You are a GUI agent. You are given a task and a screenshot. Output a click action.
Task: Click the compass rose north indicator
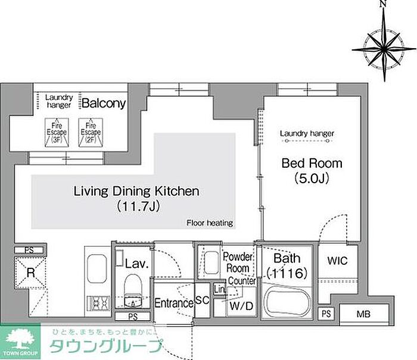pyautogui.click(x=382, y=4)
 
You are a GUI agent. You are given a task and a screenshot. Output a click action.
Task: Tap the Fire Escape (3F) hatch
pyautogui.click(x=57, y=133)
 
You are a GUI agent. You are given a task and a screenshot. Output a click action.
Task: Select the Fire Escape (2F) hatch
pyautogui.click(x=91, y=133)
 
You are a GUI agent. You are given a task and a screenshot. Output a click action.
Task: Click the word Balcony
pyautogui.click(x=104, y=104)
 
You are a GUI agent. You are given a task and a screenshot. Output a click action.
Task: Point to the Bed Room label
pyautogui.click(x=312, y=163)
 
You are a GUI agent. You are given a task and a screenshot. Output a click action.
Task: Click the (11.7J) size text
pyautogui.click(x=138, y=206)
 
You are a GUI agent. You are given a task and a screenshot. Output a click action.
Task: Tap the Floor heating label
pyautogui.click(x=210, y=223)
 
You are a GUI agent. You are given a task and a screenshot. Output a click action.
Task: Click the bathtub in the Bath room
pyautogui.click(x=287, y=302)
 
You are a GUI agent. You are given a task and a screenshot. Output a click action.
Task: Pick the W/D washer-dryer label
pyautogui.click(x=241, y=306)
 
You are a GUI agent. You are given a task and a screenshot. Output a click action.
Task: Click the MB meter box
pyautogui.click(x=364, y=315)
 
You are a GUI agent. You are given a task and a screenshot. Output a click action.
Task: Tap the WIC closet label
pyautogui.click(x=337, y=261)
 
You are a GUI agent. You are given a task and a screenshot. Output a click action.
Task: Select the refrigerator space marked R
pyautogui.click(x=30, y=273)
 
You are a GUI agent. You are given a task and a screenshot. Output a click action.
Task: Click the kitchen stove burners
pyautogui.click(x=98, y=303)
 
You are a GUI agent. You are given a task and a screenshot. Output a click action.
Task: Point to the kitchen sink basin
pyautogui.click(x=97, y=268)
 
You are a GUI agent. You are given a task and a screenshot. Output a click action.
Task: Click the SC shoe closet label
pyautogui.click(x=203, y=300)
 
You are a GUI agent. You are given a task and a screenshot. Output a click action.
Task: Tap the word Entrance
pyautogui.click(x=174, y=303)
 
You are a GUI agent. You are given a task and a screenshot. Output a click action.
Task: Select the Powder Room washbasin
pyautogui.click(x=211, y=262)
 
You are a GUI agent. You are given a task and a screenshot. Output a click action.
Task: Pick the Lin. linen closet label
pyautogui.click(x=220, y=289)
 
